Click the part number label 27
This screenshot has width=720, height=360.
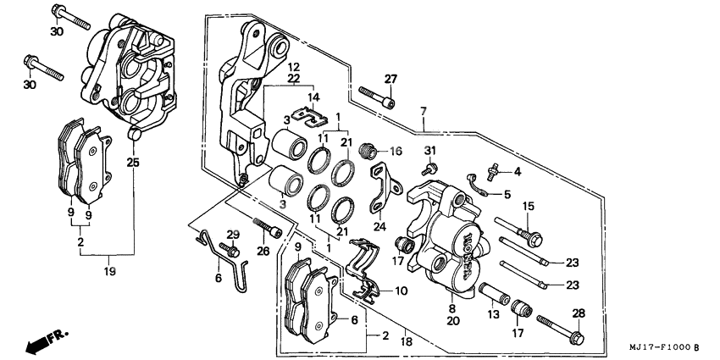(x=390, y=80)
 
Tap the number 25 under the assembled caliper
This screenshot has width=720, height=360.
(x=132, y=162)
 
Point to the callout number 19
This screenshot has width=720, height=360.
(x=109, y=272)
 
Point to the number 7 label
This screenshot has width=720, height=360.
(x=423, y=111)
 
